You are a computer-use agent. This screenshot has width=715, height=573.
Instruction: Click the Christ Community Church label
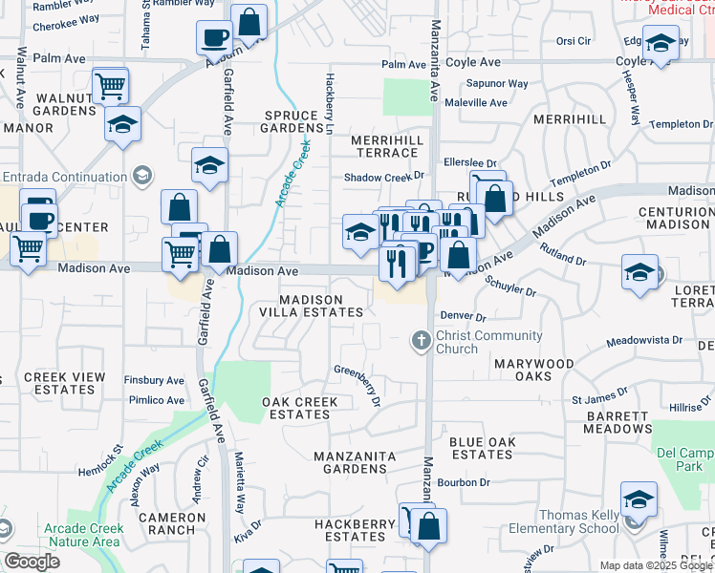pyautogui.click(x=488, y=342)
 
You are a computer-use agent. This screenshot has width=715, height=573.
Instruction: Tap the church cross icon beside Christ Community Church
pyautogui.click(x=420, y=340)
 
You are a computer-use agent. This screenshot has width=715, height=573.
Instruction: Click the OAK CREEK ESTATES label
pyautogui.click(x=299, y=408)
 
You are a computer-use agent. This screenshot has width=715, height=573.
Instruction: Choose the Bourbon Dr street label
pyautogui.click(x=464, y=482)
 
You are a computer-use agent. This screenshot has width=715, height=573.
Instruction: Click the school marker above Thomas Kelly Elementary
pyautogui.click(x=639, y=499)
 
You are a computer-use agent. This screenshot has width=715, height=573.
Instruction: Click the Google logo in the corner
pyautogui.click(x=32, y=562)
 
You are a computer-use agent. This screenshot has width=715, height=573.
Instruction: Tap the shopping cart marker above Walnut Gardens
pyautogui.click(x=111, y=86)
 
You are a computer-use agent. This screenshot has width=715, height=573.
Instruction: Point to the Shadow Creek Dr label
pyautogui.click(x=383, y=176)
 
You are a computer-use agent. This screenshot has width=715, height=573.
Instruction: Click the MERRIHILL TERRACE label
pyautogui.click(x=386, y=146)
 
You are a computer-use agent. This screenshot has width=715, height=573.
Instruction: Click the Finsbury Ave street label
pyautogui.click(x=154, y=380)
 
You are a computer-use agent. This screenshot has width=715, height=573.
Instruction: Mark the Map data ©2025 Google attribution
pyautogui.click(x=656, y=565)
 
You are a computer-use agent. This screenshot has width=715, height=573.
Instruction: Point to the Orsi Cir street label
pyautogui.click(x=574, y=41)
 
